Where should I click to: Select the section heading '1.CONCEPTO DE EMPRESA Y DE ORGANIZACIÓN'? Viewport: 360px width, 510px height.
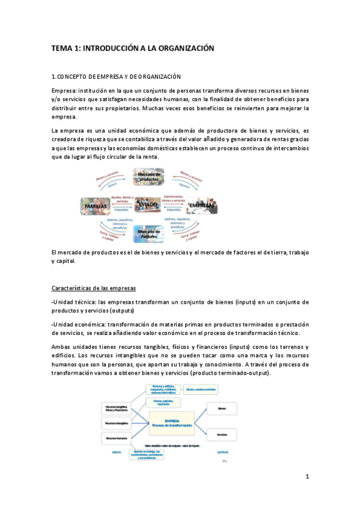[x=117, y=76]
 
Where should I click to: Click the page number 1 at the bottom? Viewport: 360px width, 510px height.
[x=307, y=478]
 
